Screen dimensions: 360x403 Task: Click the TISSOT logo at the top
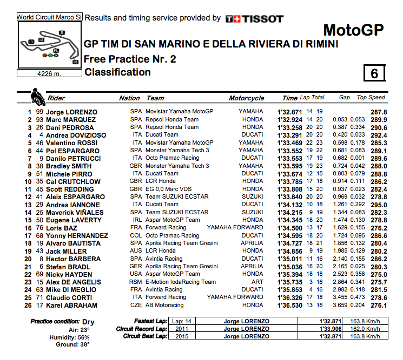point(254,18)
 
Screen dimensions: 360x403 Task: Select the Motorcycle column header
point(246,98)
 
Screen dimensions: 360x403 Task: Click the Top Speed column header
point(371,98)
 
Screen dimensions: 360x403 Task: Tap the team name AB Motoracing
point(167,305)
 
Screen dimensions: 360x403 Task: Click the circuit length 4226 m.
point(49,73)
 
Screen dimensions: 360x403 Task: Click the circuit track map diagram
point(49,44)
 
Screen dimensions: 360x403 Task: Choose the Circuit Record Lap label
point(142,329)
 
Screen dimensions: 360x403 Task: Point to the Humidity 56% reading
point(77,336)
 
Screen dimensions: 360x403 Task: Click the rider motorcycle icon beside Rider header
point(38,98)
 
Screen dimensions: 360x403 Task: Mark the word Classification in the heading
point(117,72)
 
